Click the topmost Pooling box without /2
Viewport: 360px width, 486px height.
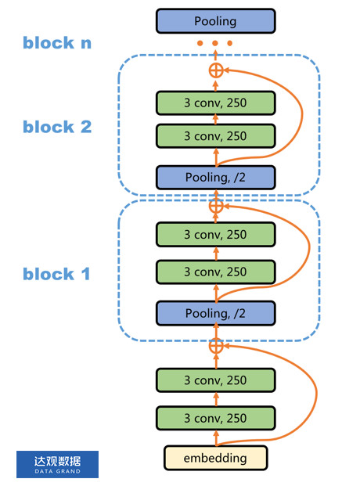(x=215, y=21)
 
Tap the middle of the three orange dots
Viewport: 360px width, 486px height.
(x=216, y=45)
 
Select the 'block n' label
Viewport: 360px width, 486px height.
(x=57, y=43)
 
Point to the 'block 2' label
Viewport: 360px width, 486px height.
(x=57, y=127)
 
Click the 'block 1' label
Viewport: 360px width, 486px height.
(x=57, y=274)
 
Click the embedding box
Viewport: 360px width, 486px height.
(x=215, y=457)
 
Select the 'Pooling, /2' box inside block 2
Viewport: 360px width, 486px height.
(x=215, y=178)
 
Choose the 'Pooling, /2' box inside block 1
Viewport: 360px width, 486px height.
(x=215, y=313)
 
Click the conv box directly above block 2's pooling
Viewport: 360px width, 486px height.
(x=215, y=136)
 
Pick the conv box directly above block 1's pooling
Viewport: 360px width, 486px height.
(x=215, y=272)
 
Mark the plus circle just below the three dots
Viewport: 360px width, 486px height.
(x=216, y=70)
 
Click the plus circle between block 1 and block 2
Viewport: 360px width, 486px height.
(x=216, y=207)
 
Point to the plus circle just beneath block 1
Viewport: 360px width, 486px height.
(x=216, y=344)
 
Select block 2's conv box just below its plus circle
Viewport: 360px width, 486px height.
(x=215, y=103)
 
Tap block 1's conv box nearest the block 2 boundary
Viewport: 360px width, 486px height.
(x=215, y=234)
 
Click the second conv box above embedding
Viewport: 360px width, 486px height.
(x=215, y=380)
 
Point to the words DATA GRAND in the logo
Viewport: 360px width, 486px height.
(x=57, y=472)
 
